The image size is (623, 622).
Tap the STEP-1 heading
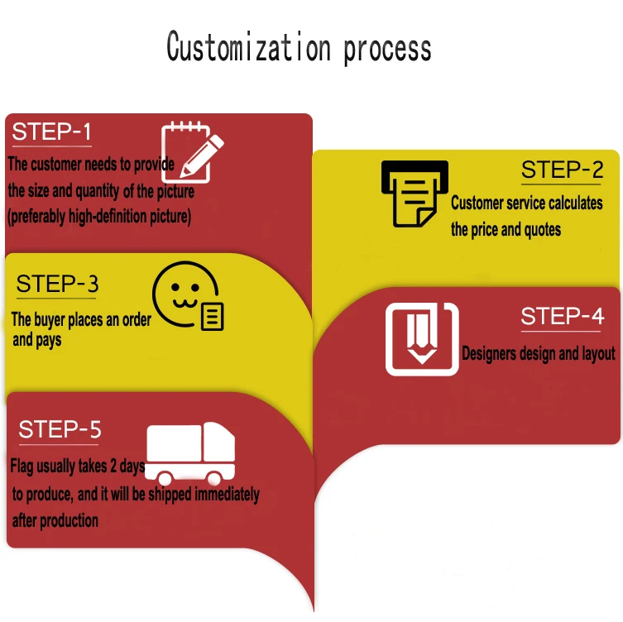51,132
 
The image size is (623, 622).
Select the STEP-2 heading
562,170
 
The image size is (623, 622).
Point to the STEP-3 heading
57,284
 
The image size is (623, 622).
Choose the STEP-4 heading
562,316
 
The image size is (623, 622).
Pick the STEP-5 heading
60,429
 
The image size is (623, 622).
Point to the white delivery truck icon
189,453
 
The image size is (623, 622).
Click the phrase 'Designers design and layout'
538,354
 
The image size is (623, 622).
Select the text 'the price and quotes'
506,230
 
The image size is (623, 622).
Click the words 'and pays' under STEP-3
36,340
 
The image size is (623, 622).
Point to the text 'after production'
55,520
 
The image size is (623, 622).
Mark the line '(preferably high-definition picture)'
99,218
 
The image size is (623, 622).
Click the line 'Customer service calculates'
526,203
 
